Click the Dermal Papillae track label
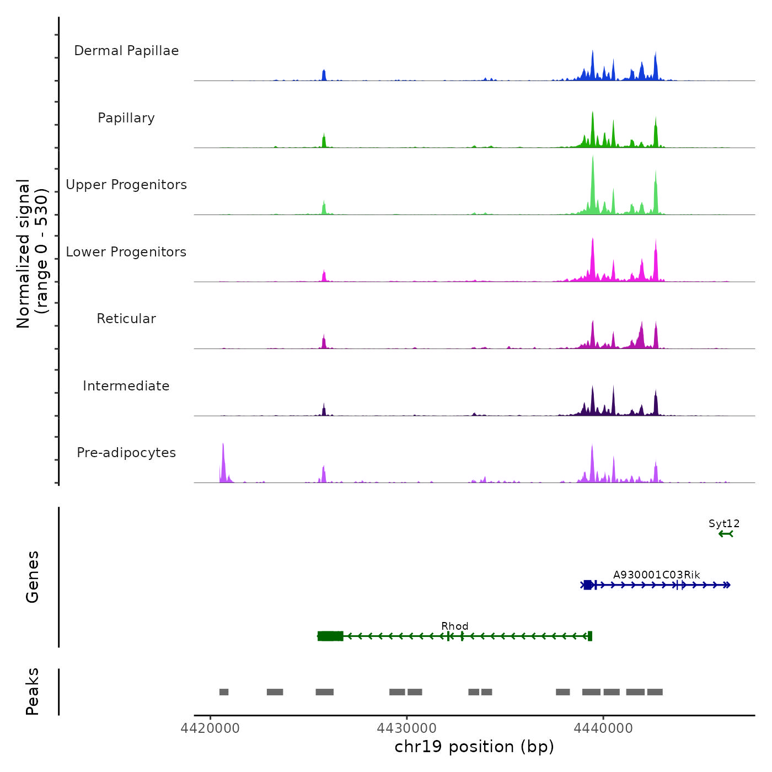126,51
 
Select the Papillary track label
126,118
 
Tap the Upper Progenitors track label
126,185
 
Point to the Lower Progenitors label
126,252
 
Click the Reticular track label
126,319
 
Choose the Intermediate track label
126,386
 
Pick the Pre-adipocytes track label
126,453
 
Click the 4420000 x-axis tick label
210,728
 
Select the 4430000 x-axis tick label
407,728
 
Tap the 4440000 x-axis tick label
603,728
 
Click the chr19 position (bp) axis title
474,747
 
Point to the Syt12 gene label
724,524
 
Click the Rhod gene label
455,626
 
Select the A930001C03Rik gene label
657,575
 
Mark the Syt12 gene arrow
726,534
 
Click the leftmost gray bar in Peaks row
224,692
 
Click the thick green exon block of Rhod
331,636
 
